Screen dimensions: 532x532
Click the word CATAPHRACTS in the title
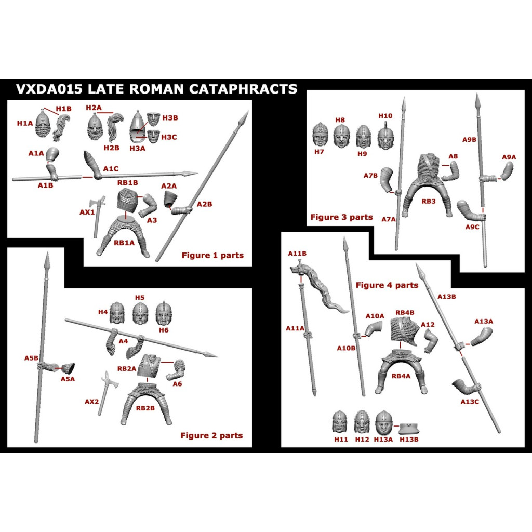pos(243,89)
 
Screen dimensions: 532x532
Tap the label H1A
pos(25,123)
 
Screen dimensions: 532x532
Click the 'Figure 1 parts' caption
pos(212,255)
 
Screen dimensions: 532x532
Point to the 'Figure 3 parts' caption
pos(342,217)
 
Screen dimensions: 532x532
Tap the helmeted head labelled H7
pos(320,135)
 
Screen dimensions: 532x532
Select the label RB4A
pos(401,376)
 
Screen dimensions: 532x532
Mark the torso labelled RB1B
pos(127,200)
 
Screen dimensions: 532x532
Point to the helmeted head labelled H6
pos(164,313)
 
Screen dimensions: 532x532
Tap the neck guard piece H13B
pos(409,428)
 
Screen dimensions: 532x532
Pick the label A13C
pos(470,402)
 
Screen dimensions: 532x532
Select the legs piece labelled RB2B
pos(145,404)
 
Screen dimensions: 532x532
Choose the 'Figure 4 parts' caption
pos(387,285)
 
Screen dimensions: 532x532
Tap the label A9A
pos(509,157)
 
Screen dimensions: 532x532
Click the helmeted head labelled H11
pos(339,422)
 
